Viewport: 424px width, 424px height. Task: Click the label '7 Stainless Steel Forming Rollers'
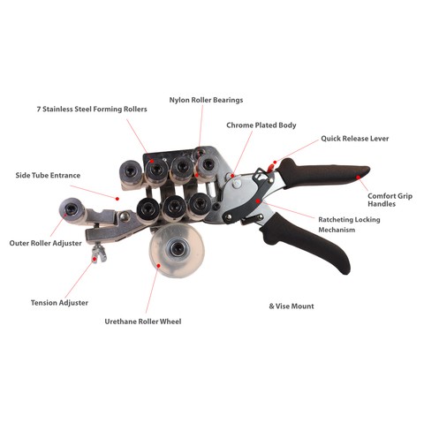92,110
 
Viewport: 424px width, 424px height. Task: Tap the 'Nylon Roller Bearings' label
206,100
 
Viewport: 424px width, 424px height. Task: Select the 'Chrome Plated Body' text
261,125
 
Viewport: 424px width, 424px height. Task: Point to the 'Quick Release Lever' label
355,139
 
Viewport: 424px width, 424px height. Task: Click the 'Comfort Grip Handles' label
390,200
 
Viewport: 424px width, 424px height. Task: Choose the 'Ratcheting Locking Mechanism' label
349,224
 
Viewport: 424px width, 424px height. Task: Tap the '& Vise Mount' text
291,307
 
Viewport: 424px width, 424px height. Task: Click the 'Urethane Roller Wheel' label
143,322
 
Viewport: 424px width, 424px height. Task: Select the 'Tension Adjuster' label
59,303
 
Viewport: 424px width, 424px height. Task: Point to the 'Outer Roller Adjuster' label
46,243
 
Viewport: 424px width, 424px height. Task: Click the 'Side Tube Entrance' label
48,176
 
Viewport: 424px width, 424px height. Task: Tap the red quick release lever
270,168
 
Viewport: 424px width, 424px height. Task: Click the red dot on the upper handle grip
358,178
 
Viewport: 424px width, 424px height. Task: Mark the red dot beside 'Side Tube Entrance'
117,199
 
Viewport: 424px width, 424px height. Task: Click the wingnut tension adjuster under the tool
99,254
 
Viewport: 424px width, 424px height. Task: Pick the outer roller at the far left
72,210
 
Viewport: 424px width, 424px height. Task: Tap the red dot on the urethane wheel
158,266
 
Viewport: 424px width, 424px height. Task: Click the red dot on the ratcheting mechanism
258,201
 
